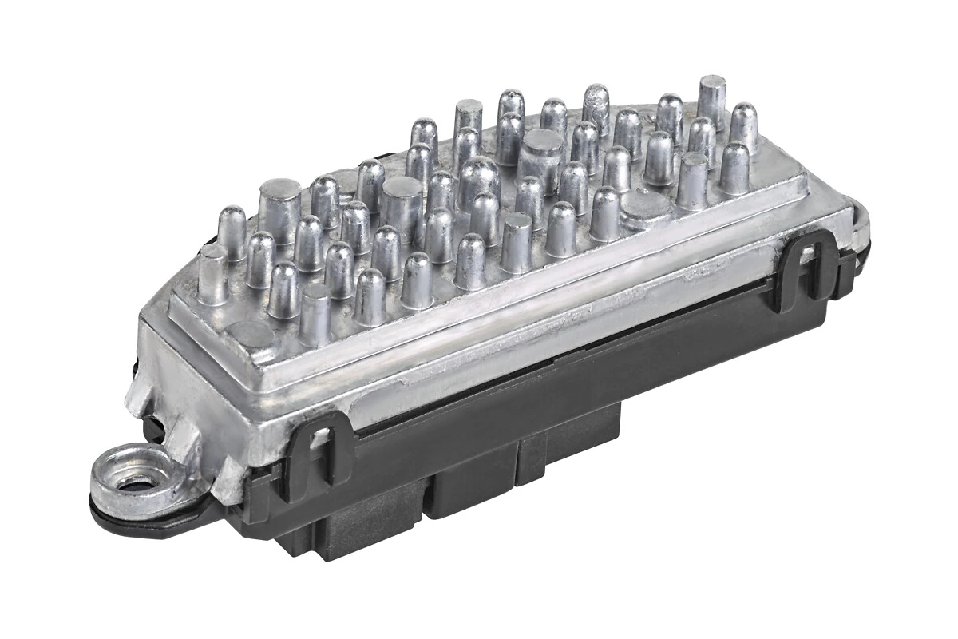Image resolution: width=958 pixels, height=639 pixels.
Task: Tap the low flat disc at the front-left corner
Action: click(x=249, y=335)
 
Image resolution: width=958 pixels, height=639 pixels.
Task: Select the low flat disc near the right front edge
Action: click(x=646, y=210)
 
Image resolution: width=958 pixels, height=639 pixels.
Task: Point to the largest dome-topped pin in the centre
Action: click(x=479, y=180)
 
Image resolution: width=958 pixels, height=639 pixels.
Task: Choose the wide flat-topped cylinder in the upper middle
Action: click(x=540, y=156)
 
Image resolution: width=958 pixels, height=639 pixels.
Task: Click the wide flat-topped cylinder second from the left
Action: click(x=401, y=204)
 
